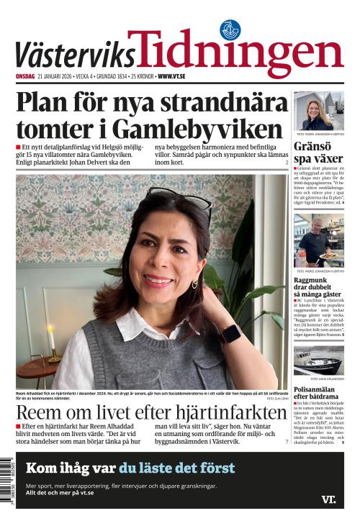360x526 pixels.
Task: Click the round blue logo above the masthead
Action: (x=230, y=30)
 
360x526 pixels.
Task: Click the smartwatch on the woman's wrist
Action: (x=230, y=333)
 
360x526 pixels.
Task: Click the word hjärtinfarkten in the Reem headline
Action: (x=222, y=413)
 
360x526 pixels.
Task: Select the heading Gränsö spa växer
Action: (x=318, y=153)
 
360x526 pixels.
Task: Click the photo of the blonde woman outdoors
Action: (x=318, y=111)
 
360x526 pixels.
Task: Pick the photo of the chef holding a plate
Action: (x=318, y=240)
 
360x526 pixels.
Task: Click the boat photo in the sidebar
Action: (x=318, y=361)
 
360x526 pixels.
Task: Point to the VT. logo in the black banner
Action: (x=328, y=499)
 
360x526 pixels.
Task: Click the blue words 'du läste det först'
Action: (x=177, y=468)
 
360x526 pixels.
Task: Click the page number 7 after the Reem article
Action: (x=287, y=441)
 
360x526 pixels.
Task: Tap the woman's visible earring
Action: (x=194, y=284)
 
